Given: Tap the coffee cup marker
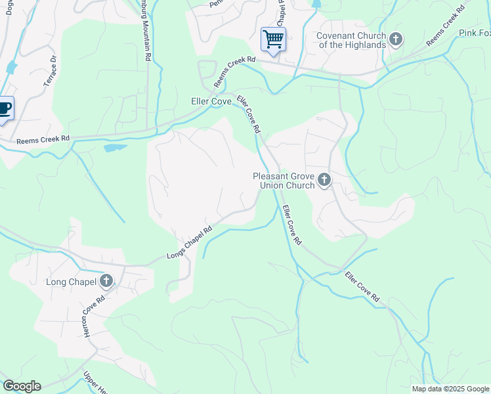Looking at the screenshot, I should pyautogui.click(x=4, y=108).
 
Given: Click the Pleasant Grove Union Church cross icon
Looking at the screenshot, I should pyautogui.click(x=324, y=180).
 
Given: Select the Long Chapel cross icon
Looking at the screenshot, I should pyautogui.click(x=106, y=282).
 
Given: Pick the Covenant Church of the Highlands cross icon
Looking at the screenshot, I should pyautogui.click(x=395, y=40).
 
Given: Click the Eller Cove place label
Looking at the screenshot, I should pyautogui.click(x=211, y=102).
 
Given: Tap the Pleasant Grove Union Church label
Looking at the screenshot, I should pyautogui.click(x=284, y=181).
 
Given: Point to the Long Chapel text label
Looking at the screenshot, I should pyautogui.click(x=71, y=282).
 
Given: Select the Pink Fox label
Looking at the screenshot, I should pyautogui.click(x=474, y=33).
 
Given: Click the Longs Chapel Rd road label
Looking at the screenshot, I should pyautogui.click(x=190, y=242).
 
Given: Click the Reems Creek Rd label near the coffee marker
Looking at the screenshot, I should pyautogui.click(x=43, y=139).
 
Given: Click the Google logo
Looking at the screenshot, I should pyautogui.click(x=21, y=386).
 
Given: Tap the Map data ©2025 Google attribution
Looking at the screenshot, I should pyautogui.click(x=450, y=389).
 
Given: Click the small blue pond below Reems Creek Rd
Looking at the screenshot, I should pyautogui.click(x=115, y=147).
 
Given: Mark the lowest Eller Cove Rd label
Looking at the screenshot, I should pyautogui.click(x=362, y=287).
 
